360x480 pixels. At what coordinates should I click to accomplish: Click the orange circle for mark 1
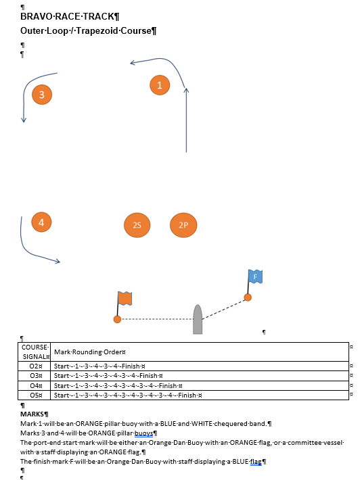point(160,85)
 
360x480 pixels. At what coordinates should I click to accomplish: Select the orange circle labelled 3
point(42,95)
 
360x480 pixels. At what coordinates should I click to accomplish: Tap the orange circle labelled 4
point(41,222)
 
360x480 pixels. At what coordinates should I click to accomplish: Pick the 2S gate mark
point(137,225)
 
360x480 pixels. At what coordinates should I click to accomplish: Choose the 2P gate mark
point(183,225)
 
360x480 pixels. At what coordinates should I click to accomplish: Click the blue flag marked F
point(255,277)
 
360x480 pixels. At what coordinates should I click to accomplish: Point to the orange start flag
point(125,298)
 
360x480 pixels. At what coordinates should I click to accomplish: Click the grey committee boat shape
point(198,319)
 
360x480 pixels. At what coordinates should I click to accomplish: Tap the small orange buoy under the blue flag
point(248,297)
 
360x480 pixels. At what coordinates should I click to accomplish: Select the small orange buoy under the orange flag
point(117,319)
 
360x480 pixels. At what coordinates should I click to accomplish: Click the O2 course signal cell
point(35,366)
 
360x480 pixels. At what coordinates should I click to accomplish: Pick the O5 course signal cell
point(35,395)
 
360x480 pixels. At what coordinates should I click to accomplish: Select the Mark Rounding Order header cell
point(200,352)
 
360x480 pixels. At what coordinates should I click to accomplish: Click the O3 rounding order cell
point(200,376)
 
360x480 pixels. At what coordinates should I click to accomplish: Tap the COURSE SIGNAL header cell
point(35,352)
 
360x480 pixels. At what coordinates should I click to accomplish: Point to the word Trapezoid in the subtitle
point(97,30)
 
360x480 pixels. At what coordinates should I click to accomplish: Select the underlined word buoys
point(143,433)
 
